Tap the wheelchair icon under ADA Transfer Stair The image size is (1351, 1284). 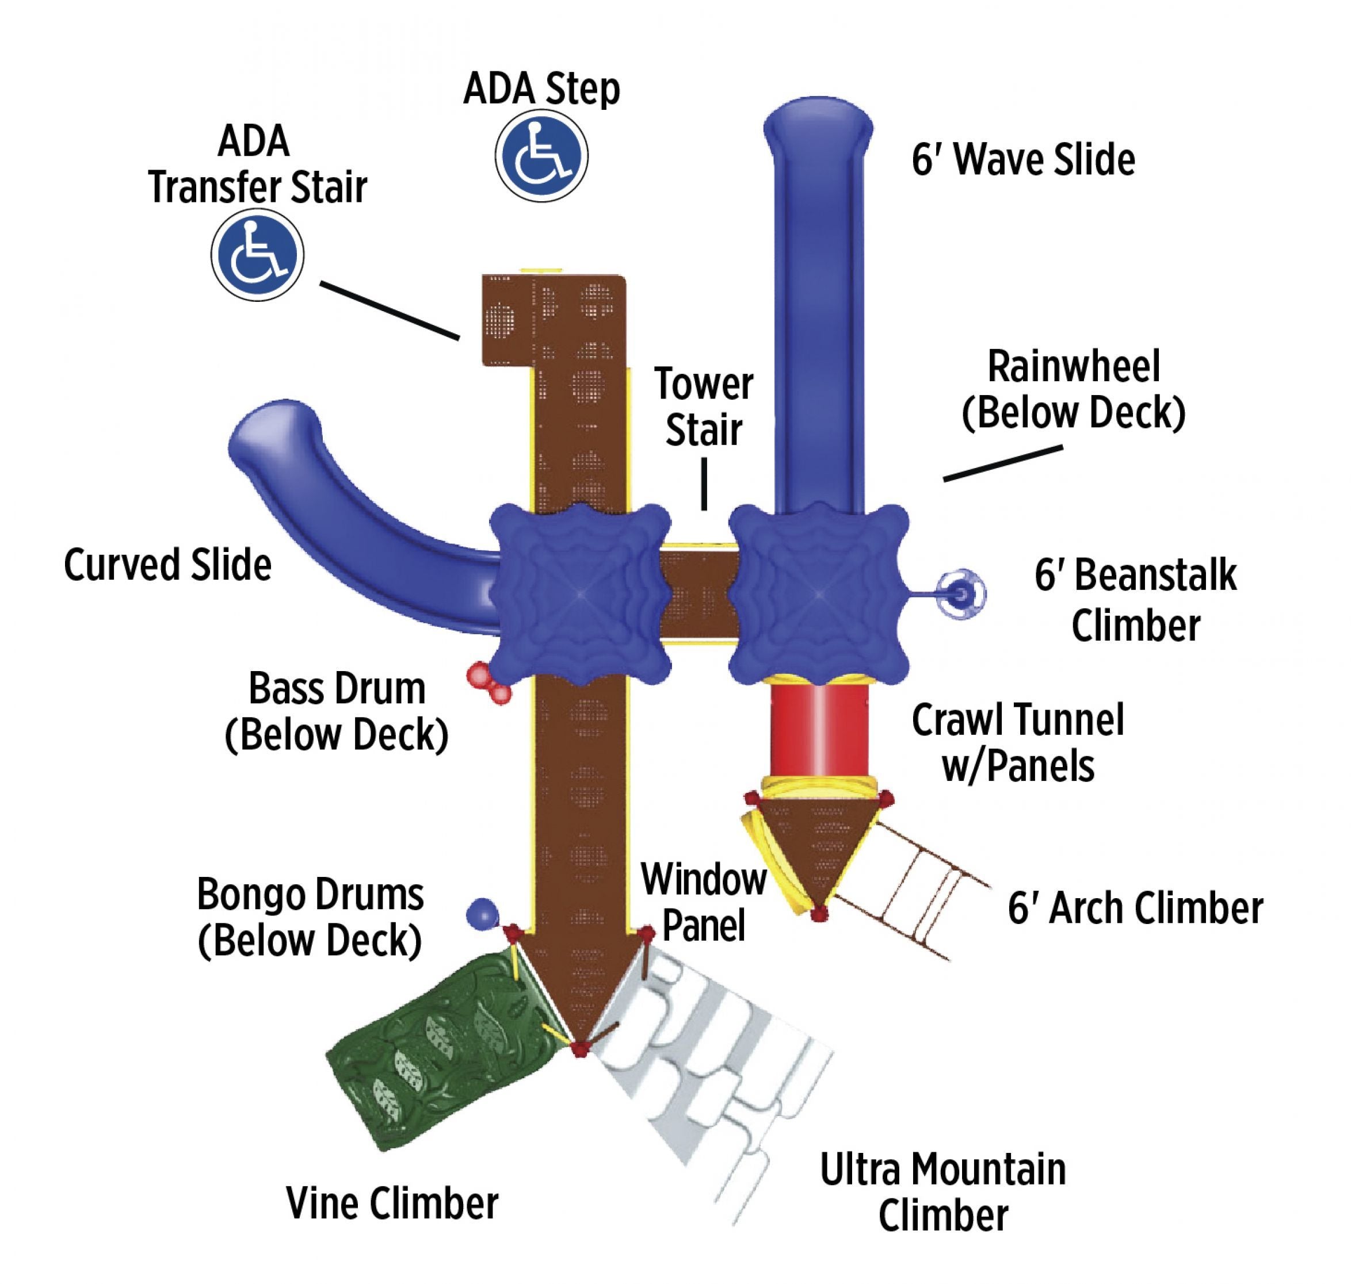tap(257, 255)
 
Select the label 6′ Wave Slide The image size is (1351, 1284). tap(1023, 159)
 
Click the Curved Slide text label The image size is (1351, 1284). tap(168, 565)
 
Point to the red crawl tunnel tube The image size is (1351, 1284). tap(819, 731)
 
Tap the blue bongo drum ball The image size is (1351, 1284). tap(482, 913)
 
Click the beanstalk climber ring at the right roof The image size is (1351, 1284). tap(961, 594)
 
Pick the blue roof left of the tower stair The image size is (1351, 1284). tap(580, 593)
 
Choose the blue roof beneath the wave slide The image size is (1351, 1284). tap(819, 593)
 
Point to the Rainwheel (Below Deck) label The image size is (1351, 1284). tap(1073, 390)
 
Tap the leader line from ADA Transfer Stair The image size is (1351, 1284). tap(389, 310)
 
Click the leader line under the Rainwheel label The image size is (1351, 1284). tap(1002, 463)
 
